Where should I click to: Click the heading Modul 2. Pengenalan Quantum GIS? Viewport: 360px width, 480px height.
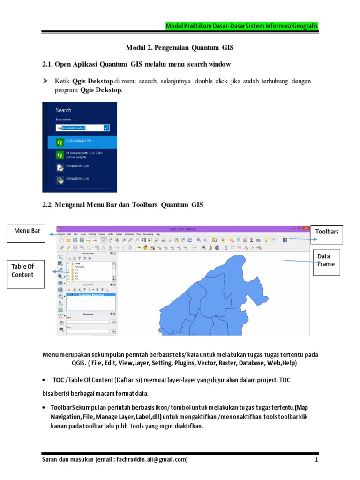click(x=180, y=48)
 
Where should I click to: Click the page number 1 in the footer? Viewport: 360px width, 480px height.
click(x=317, y=460)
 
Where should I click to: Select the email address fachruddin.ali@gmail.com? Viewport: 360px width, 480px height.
click(x=151, y=460)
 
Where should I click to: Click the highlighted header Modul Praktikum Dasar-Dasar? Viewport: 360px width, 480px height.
click(x=242, y=26)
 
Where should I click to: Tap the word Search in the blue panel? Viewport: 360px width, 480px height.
click(x=64, y=110)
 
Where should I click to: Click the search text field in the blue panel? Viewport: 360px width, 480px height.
click(x=80, y=127)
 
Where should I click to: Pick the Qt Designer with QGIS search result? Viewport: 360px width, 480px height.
click(x=80, y=155)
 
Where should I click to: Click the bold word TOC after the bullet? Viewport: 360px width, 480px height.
click(x=58, y=380)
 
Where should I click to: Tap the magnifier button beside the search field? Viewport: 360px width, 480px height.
click(x=107, y=127)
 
